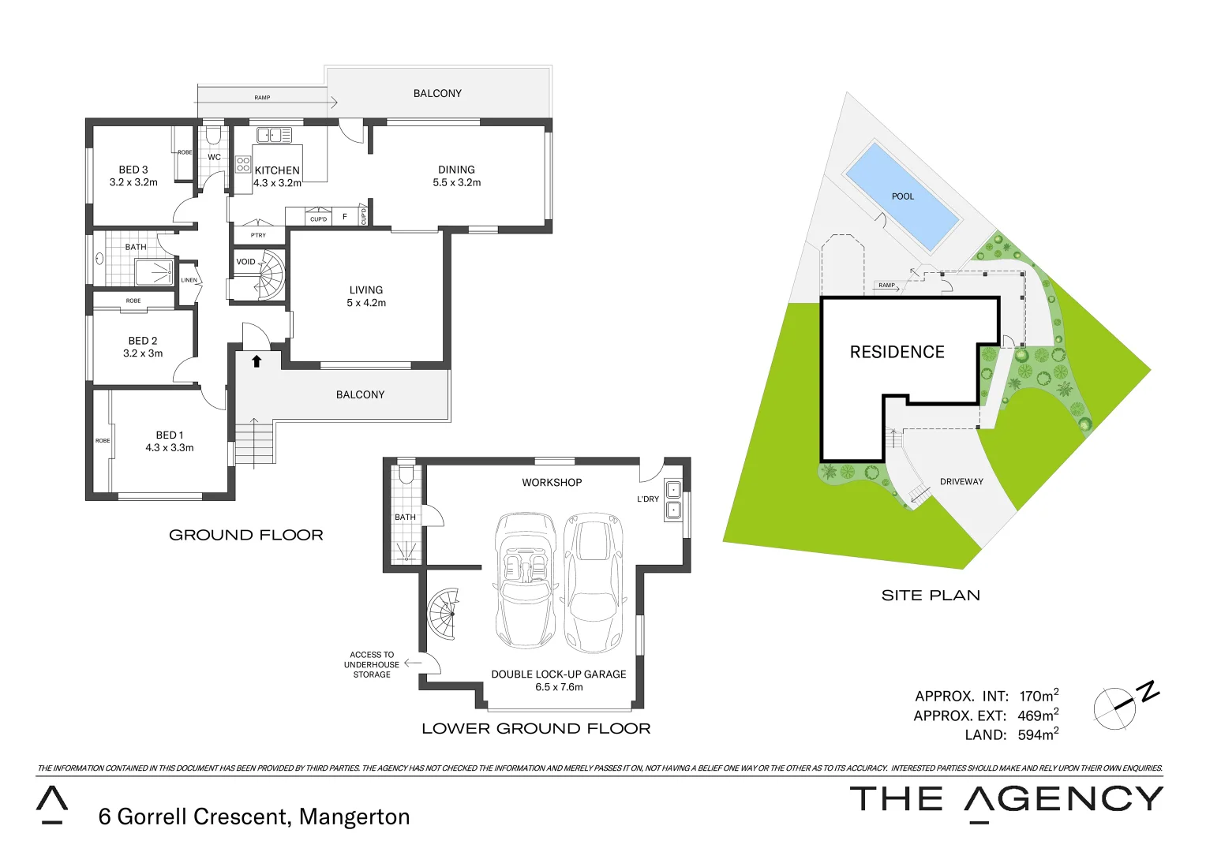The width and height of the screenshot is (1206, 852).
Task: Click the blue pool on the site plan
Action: click(x=902, y=196)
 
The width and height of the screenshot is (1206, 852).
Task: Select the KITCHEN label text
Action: click(x=277, y=170)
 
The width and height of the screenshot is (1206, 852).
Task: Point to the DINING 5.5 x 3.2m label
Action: click(x=456, y=175)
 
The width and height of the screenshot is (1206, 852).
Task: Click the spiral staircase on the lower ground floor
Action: click(x=444, y=614)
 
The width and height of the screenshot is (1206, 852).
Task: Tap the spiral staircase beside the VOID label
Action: click(x=270, y=275)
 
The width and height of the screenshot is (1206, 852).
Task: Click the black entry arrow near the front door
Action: click(x=257, y=361)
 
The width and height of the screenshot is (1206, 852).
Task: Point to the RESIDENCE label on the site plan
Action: click(x=897, y=352)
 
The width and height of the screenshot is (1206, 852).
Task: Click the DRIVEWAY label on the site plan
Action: click(x=961, y=481)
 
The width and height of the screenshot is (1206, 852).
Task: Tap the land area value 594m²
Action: click(x=1037, y=734)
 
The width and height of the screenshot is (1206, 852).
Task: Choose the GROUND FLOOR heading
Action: click(x=246, y=535)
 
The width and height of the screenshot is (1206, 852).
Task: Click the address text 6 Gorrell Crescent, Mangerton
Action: click(x=254, y=816)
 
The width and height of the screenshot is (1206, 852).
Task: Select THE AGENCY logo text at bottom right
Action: click(x=1006, y=799)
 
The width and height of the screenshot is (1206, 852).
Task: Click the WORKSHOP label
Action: click(x=552, y=482)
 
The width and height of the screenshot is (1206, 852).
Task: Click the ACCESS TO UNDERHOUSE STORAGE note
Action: click(x=372, y=664)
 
